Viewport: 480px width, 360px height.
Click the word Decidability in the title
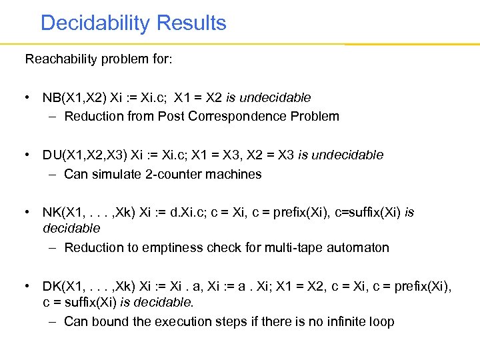tap(95, 23)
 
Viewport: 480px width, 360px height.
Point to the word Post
tap(171, 117)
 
